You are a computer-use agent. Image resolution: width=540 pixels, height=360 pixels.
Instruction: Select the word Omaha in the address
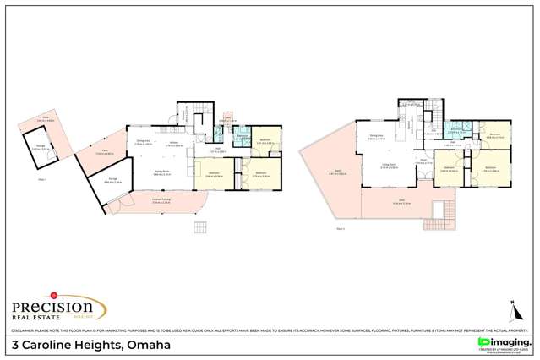[149, 345]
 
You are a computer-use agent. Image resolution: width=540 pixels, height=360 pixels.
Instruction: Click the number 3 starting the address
[16, 345]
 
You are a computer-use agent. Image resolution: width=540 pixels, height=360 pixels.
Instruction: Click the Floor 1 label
[42, 179]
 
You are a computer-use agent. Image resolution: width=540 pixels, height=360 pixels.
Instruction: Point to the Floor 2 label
[341, 229]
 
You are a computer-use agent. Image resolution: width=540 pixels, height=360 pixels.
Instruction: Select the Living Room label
[389, 165]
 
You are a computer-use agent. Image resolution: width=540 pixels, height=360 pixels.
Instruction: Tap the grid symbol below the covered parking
[199, 226]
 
